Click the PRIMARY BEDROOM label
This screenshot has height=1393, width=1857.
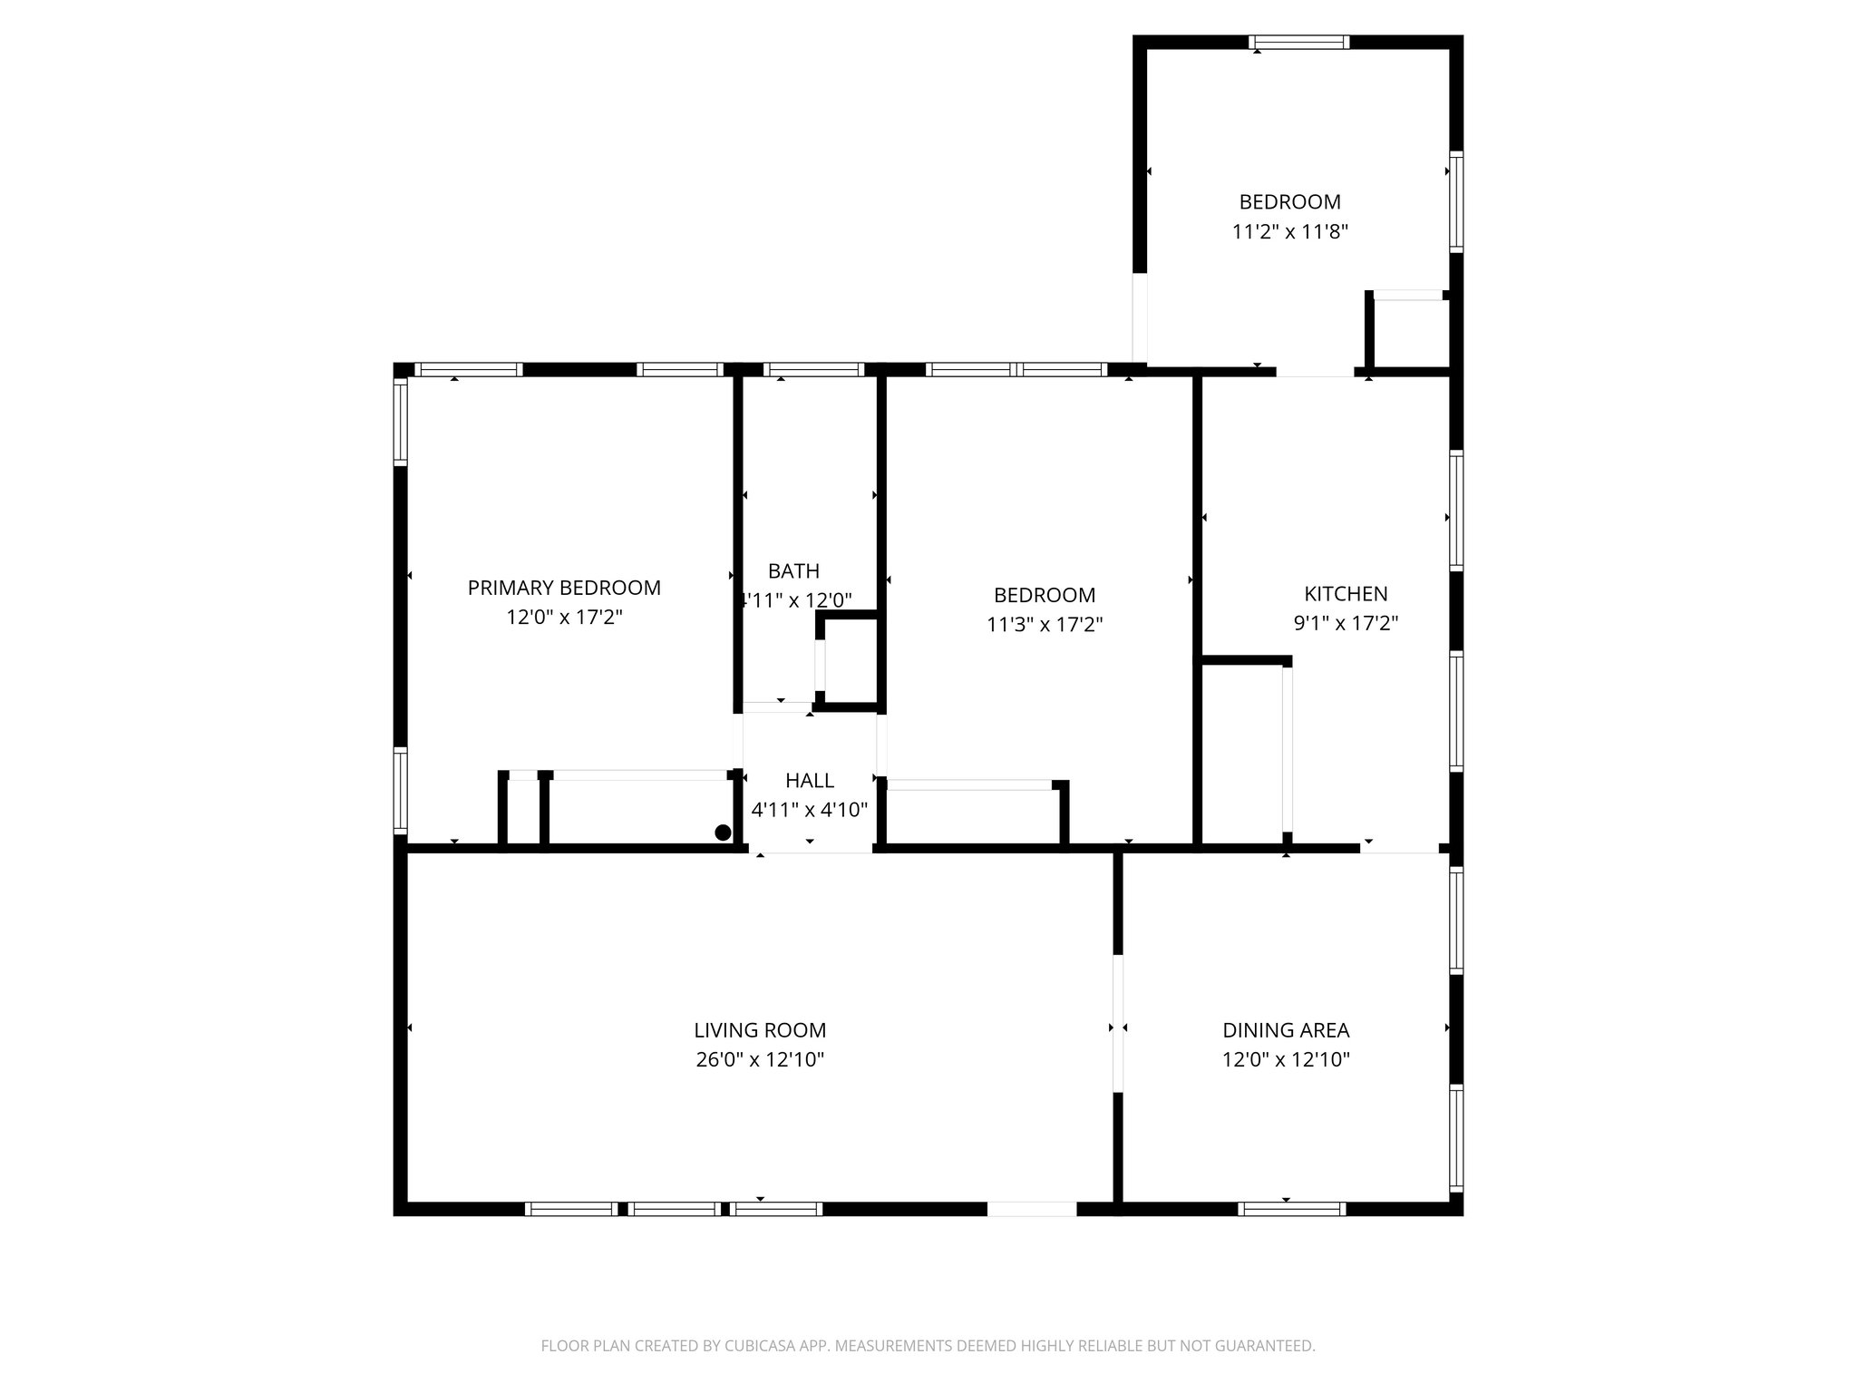[564, 588]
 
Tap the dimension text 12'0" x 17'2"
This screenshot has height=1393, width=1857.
[564, 618]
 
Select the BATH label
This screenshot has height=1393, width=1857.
[793, 571]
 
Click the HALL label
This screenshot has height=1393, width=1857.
[809, 781]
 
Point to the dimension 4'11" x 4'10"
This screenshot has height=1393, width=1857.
[809, 810]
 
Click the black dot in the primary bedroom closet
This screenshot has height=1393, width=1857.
[723, 833]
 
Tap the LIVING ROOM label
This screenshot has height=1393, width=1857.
[760, 1030]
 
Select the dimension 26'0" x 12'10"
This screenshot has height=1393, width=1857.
[760, 1059]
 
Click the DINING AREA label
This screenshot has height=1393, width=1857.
[1286, 1030]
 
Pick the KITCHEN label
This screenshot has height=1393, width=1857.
[1346, 594]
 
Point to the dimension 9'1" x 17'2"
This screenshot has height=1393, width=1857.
[1346, 623]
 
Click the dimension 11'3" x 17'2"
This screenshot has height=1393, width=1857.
[1045, 625]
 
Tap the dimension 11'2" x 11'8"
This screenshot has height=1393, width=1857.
[1289, 231]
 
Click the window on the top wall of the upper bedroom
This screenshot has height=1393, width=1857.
[1298, 42]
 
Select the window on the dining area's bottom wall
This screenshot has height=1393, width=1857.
[1291, 1208]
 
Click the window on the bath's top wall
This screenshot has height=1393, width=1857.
[813, 369]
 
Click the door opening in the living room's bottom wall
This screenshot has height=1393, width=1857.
[1031, 1208]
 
